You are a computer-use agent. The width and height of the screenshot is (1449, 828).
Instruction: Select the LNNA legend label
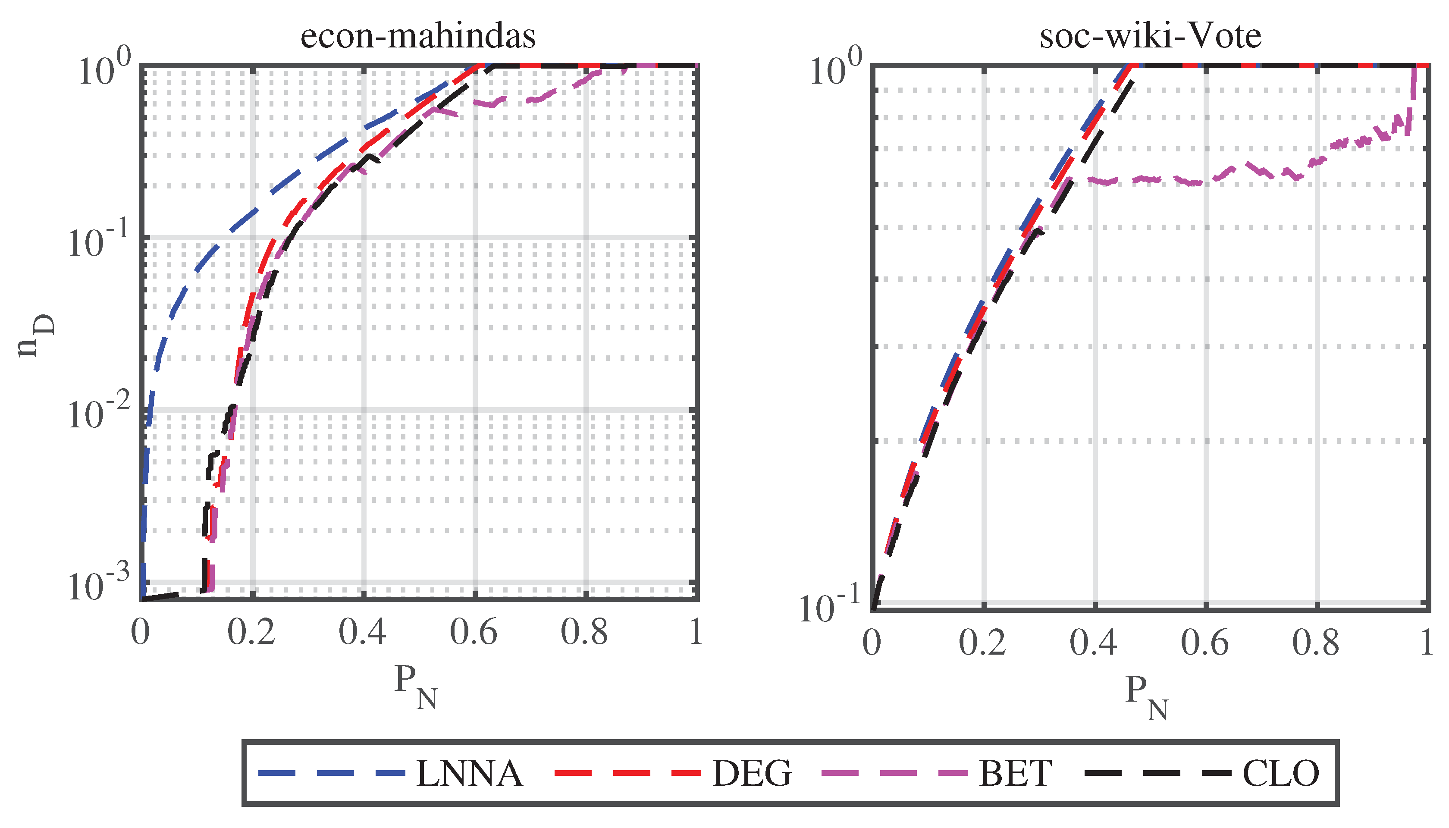[x=469, y=773]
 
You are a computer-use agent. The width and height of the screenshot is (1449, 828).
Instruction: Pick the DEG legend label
[x=751, y=773]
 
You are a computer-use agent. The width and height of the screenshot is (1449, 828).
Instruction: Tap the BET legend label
[x=1015, y=773]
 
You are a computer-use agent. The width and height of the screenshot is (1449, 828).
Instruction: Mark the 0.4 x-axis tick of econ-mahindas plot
[x=362, y=632]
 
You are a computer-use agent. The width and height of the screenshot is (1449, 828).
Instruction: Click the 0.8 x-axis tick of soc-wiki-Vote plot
[x=1315, y=643]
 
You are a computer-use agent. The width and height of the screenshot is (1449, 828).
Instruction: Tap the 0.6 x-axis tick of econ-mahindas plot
[x=473, y=632]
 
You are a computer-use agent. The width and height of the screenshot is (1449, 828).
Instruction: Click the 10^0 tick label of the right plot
[x=835, y=71]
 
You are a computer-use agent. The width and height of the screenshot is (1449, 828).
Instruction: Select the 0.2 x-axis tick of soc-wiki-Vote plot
[x=982, y=643]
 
